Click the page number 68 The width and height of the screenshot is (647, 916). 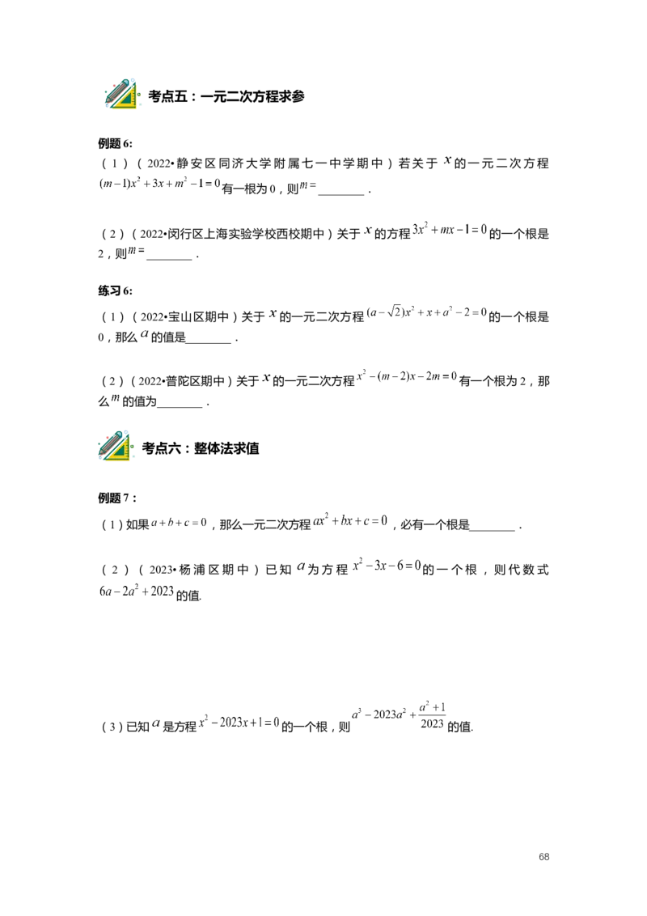pos(543,856)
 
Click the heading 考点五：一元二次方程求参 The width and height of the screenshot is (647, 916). pos(226,96)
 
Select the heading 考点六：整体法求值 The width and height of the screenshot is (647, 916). pos(201,448)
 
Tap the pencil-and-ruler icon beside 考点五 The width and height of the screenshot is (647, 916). pos(121,93)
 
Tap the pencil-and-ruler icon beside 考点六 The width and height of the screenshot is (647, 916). pos(116,446)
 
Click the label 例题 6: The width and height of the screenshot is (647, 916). pos(115,144)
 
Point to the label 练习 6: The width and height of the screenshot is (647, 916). pos(115,291)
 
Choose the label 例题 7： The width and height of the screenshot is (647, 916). pos(117,498)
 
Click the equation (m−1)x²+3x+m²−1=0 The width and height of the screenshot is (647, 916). pos(159,183)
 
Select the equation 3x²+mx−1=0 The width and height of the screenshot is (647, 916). pos(450,229)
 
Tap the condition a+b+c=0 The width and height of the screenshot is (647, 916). pos(179,522)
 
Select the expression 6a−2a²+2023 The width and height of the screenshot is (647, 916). pos(136,591)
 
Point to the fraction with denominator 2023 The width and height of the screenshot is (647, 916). pos(432,715)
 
